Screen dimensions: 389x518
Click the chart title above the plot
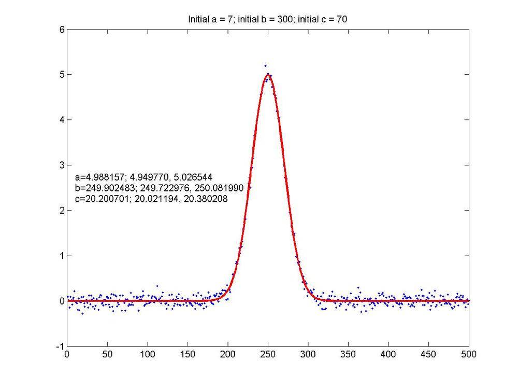(x=267, y=20)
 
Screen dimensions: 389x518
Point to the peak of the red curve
(x=268, y=74)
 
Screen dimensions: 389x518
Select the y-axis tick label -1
(x=61, y=346)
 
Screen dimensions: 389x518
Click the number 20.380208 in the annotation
(x=208, y=198)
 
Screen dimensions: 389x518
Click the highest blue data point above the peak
(x=265, y=66)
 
